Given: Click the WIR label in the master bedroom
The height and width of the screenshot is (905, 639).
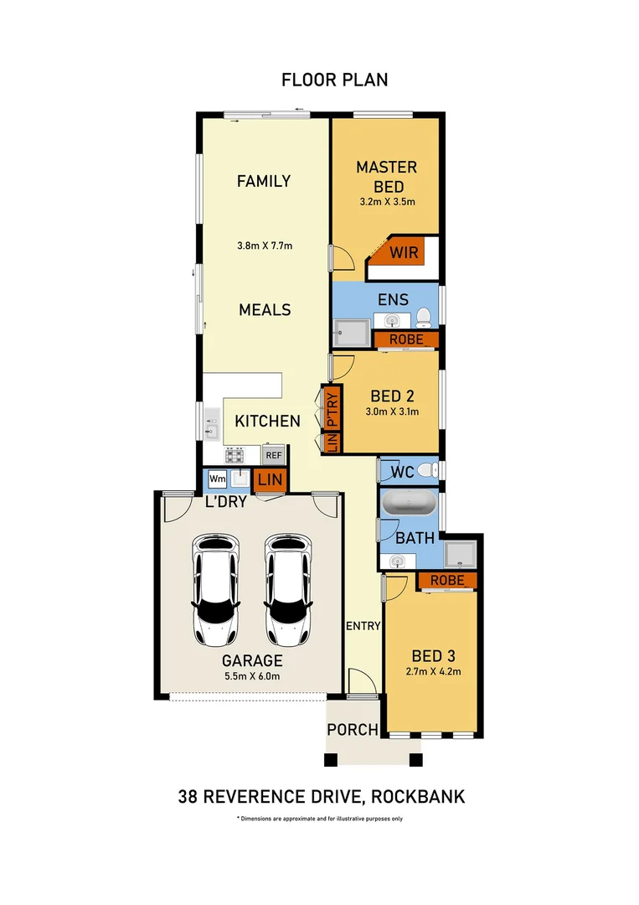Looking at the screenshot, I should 403,251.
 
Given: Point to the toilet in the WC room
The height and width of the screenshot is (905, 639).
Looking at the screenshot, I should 427,470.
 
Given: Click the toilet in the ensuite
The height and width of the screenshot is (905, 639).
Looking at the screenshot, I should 425,317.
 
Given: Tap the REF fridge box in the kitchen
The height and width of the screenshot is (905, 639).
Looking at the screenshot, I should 273,455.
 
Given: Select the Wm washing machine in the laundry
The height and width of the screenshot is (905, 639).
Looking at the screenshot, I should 217,478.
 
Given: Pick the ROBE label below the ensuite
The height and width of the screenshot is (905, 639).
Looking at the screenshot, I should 405,339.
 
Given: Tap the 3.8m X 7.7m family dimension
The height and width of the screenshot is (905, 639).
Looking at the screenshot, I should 264,246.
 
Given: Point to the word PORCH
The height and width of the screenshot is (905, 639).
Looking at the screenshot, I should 353,730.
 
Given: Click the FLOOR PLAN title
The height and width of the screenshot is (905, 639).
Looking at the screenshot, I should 334,80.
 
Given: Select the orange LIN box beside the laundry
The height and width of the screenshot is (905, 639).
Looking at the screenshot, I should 270,480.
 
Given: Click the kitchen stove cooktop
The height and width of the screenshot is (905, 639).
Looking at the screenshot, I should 234,455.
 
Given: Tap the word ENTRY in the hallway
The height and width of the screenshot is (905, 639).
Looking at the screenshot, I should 363,626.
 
